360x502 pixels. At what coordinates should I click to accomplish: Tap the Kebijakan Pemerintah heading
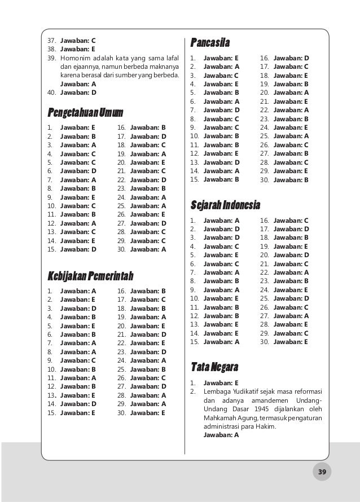point(90,275)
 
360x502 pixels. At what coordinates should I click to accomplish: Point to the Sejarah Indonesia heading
point(225,204)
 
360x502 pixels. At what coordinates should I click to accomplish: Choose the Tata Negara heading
point(214,367)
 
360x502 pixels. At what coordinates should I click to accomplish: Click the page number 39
point(322,471)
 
